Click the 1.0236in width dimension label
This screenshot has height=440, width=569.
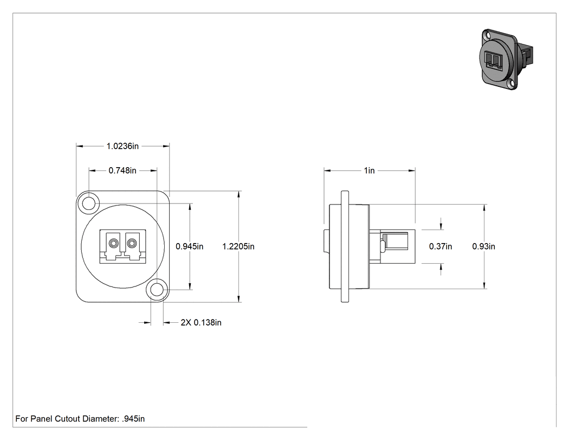click(x=122, y=146)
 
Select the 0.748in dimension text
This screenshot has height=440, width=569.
click(x=122, y=170)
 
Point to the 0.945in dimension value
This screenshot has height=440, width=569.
click(x=190, y=246)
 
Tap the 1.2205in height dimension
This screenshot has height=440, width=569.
click(x=238, y=246)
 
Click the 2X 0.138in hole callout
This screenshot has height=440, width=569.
click(x=201, y=323)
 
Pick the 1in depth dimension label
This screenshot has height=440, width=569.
click(x=370, y=170)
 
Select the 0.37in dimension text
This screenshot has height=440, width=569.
click(x=441, y=246)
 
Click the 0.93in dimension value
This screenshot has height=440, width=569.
click(x=484, y=246)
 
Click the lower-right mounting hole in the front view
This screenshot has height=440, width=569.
click(x=157, y=290)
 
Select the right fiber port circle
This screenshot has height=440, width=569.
click(x=131, y=243)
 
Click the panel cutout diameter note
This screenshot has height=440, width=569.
click(x=80, y=419)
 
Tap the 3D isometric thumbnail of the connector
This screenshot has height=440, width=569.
click(x=506, y=60)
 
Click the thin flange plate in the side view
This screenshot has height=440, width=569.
click(x=345, y=246)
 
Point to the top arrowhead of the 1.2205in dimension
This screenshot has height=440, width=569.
click(x=238, y=194)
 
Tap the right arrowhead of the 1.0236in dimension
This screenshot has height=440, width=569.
click(x=166, y=146)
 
